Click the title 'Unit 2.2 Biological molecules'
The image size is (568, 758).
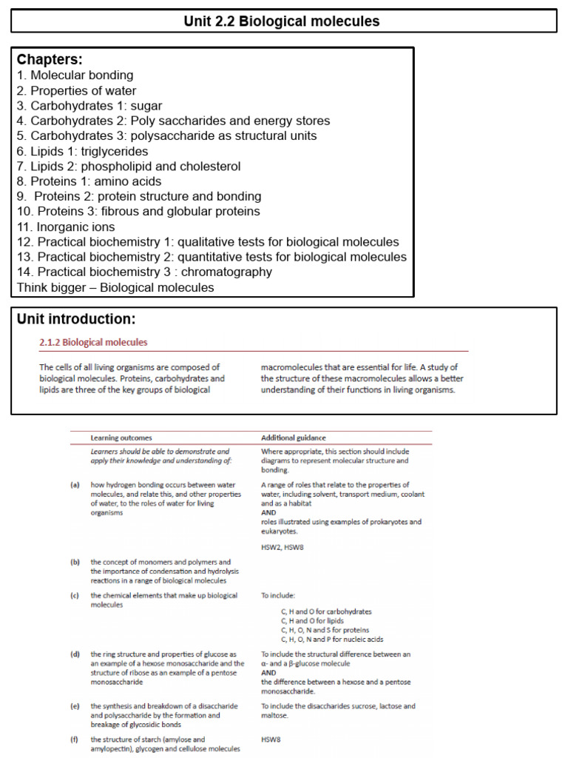[x=282, y=21]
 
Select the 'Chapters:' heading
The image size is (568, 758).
[x=50, y=59]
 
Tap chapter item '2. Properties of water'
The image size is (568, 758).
[x=76, y=91]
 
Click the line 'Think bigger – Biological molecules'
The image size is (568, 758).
[x=115, y=288]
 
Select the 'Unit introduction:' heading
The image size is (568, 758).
[x=76, y=320]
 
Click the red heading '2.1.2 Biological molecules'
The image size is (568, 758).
[x=93, y=343]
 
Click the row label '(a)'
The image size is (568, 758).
[x=75, y=485]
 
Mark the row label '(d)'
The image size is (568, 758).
[x=75, y=654]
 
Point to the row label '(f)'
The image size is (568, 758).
[x=75, y=739]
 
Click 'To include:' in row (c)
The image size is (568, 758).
[x=278, y=595]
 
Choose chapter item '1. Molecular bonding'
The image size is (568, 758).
[x=75, y=76]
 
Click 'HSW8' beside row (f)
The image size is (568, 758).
[x=271, y=739]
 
